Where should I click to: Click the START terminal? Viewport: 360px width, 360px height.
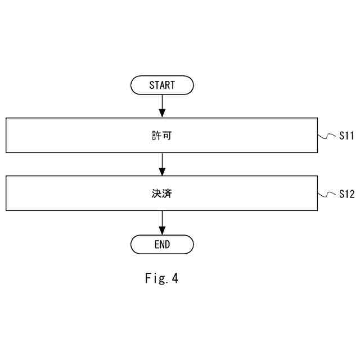tap(162, 85)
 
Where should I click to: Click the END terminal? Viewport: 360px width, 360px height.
tap(162, 245)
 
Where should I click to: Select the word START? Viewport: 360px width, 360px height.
tap(162, 85)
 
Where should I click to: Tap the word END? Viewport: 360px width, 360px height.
tap(162, 245)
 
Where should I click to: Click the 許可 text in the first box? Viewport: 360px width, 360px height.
tap(162, 136)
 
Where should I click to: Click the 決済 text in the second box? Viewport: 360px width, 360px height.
tap(162, 193)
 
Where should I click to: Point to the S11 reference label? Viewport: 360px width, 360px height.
tap(346, 136)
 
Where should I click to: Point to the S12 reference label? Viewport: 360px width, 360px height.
tap(346, 194)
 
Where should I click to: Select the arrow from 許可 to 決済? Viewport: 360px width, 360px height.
tap(162, 164)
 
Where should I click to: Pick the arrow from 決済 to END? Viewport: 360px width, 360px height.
tap(162, 222)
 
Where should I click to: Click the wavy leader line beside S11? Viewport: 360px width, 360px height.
tap(327, 136)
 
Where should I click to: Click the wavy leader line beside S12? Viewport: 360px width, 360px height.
tap(327, 194)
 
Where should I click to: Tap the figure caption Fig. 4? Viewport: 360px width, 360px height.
tap(161, 278)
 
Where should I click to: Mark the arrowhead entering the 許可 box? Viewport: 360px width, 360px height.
tap(162, 114)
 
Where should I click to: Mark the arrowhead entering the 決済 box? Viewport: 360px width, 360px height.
tap(162, 172)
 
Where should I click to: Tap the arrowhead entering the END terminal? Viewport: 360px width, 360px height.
tap(162, 231)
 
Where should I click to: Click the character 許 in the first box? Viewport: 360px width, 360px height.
tap(156, 136)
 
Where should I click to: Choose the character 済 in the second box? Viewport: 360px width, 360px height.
tap(168, 193)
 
